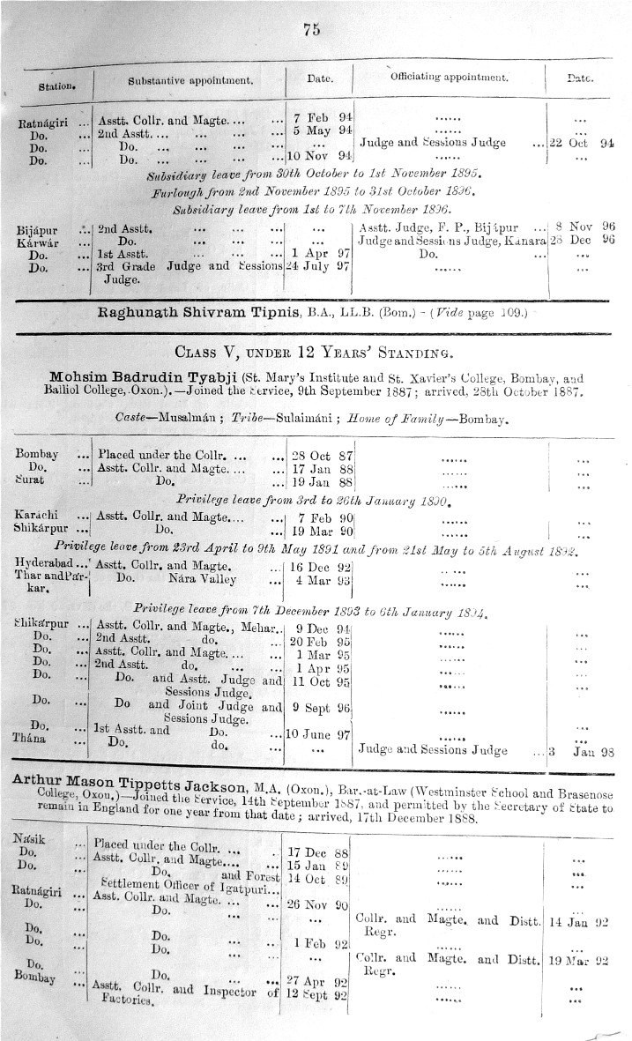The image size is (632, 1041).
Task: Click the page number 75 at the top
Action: point(310,29)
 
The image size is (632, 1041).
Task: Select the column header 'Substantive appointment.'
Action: point(190,80)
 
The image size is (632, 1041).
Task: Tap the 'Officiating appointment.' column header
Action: point(450,78)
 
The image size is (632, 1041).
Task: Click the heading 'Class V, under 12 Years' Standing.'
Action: point(313,355)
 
